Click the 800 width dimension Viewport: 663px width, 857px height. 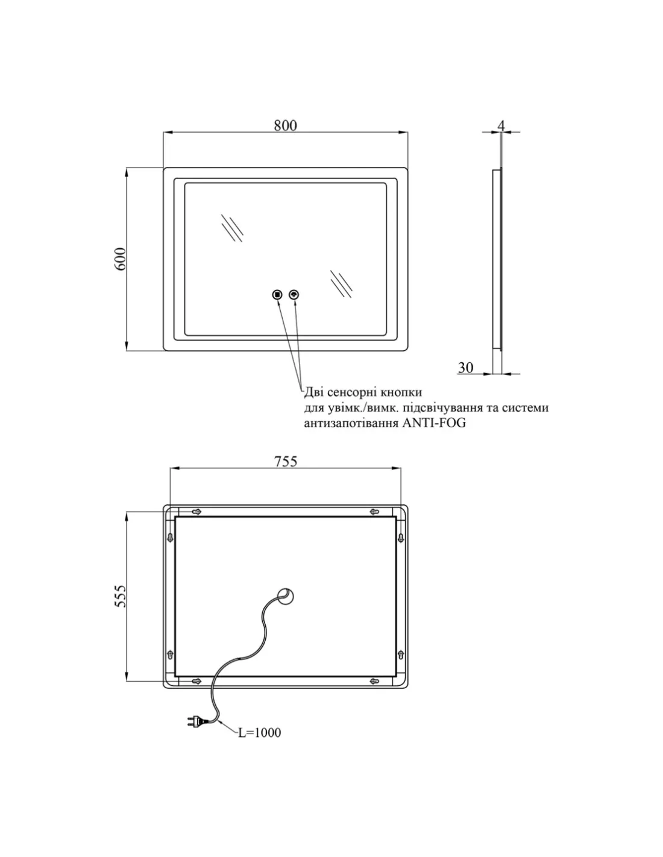pyautogui.click(x=285, y=125)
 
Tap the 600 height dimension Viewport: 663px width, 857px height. pyautogui.click(x=120, y=259)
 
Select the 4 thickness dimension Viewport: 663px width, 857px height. pyautogui.click(x=501, y=126)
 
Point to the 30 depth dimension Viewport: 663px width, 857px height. pyautogui.click(x=465, y=368)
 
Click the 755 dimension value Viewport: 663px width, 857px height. pyautogui.click(x=286, y=461)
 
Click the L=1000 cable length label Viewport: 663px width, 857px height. pyautogui.click(x=259, y=733)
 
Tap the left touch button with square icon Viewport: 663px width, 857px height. pyautogui.click(x=277, y=294)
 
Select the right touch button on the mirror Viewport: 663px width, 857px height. pyautogui.click(x=294, y=294)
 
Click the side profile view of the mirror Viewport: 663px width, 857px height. pyautogui.click(x=497, y=259)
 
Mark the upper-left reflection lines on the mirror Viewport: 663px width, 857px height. pyautogui.click(x=232, y=228)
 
